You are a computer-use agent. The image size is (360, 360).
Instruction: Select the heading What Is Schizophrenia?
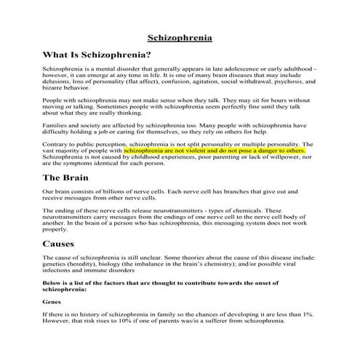(97, 55)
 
